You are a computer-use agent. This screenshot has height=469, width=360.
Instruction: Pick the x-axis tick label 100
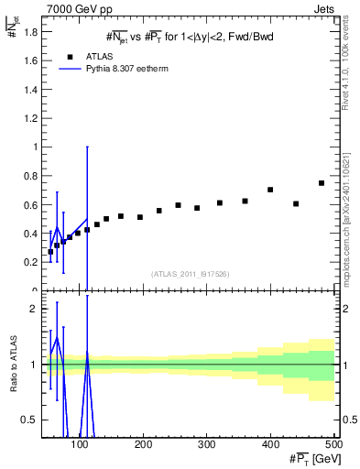point(80,444)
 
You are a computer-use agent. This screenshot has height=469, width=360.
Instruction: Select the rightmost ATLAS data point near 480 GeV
point(322,183)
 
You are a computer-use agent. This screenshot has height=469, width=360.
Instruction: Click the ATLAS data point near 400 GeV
point(270,190)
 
